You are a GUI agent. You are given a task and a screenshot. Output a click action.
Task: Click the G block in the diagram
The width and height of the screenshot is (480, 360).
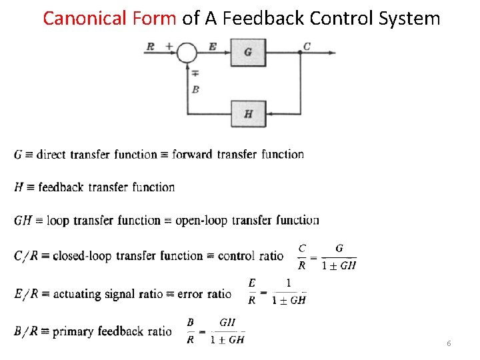(x=248, y=53)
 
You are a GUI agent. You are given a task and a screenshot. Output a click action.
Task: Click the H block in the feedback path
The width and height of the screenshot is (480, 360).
(x=248, y=113)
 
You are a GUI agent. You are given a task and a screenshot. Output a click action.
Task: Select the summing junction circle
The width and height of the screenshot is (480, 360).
(x=187, y=52)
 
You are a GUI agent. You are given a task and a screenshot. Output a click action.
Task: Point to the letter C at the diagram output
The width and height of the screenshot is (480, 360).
(x=307, y=46)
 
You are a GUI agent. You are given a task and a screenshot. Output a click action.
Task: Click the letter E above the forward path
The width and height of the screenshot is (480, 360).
(x=212, y=46)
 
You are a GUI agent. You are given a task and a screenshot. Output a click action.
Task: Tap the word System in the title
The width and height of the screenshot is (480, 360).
(x=409, y=18)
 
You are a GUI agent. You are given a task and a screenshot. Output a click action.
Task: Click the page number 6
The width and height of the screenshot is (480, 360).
(x=449, y=343)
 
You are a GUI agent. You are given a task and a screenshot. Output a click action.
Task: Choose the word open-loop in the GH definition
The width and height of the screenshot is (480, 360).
(x=200, y=221)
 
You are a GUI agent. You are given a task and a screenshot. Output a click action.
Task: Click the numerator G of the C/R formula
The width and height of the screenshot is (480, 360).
(x=339, y=248)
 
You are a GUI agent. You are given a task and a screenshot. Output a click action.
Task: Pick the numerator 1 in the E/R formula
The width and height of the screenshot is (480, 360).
(x=288, y=283)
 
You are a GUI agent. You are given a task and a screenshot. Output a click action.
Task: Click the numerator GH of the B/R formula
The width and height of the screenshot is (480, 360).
(x=227, y=322)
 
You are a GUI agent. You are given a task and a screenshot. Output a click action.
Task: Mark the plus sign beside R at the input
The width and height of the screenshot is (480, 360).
(x=169, y=46)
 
